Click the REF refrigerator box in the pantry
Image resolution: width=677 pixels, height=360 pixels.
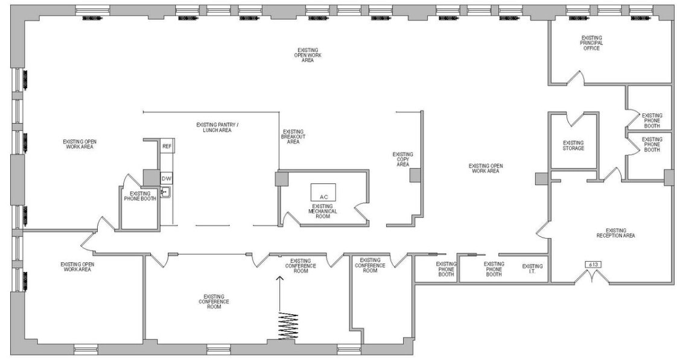pos(167,146)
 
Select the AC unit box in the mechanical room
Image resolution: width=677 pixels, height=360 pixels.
pos(323,192)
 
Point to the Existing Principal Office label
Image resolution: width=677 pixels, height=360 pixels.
pos(591,43)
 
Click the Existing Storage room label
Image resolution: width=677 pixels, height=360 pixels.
pos(573,145)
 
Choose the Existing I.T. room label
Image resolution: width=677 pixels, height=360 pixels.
pos(532,270)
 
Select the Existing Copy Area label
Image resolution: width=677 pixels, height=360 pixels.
pos(402,159)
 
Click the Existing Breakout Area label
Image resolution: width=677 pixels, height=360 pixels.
pos(293,137)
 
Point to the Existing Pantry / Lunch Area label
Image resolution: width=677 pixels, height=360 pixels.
pos(217,127)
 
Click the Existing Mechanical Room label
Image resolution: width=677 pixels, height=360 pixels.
pos(323,211)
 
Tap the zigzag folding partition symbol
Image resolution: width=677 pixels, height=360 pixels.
pos(288,326)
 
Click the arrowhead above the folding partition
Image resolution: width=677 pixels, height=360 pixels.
pos(279,279)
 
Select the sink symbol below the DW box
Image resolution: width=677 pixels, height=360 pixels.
pos(166,192)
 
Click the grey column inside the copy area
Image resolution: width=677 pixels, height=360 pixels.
pos(415,175)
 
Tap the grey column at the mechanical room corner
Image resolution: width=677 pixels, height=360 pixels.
pos(281,179)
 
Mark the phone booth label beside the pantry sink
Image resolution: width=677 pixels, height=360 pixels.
pos(140,196)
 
